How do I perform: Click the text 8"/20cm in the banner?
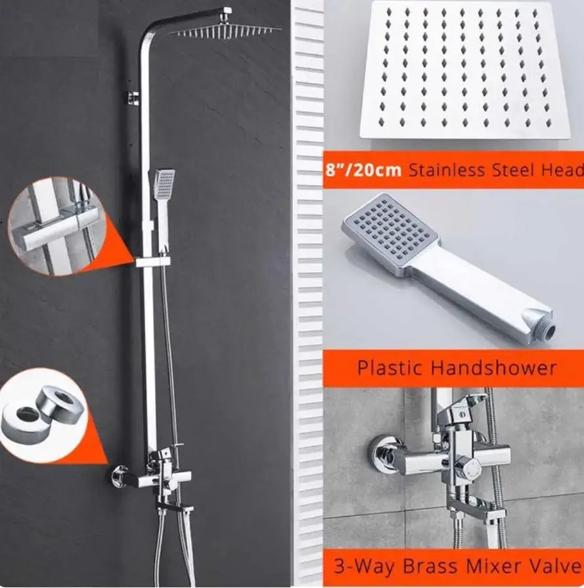point(363,170)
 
